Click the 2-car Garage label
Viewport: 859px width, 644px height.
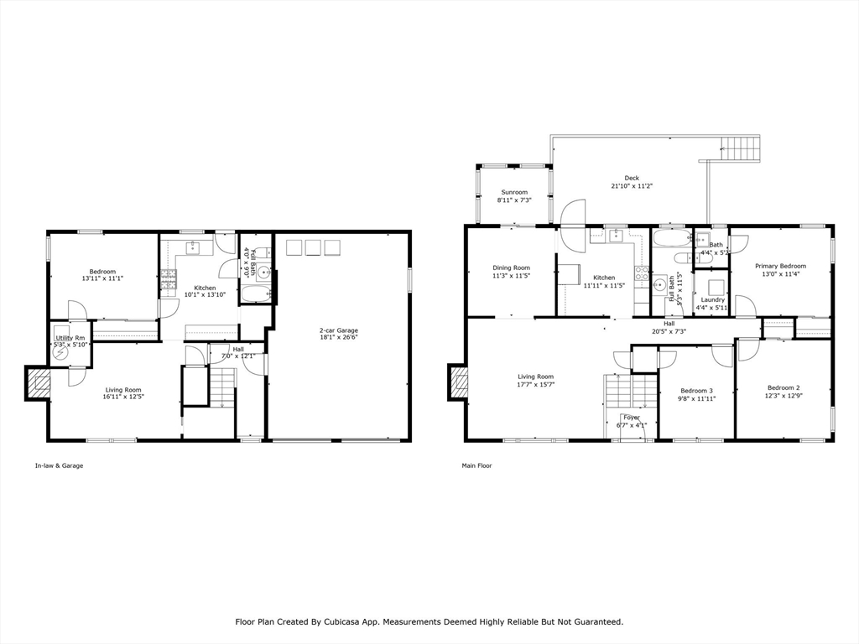pyautogui.click(x=338, y=330)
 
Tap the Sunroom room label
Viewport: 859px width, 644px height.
pyautogui.click(x=514, y=192)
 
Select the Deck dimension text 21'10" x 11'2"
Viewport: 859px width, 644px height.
pyautogui.click(x=632, y=186)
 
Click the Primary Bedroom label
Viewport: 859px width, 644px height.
pyautogui.click(x=780, y=266)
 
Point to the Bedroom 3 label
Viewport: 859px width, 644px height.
pyautogui.click(x=696, y=391)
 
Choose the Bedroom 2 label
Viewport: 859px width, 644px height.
pyautogui.click(x=783, y=387)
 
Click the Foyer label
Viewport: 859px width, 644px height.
pyautogui.click(x=631, y=417)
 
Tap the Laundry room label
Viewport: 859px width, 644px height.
pyautogui.click(x=713, y=299)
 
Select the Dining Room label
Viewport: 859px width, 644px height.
pyautogui.click(x=511, y=267)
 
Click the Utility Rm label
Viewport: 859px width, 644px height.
pyautogui.click(x=70, y=338)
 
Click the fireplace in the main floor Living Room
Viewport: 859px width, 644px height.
pyautogui.click(x=458, y=382)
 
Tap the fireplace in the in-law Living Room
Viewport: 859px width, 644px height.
pyautogui.click(x=39, y=384)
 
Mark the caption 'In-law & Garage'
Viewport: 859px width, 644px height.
pyautogui.click(x=59, y=465)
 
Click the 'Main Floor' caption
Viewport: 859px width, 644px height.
pyautogui.click(x=476, y=465)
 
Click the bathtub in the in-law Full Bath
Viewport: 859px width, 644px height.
pyautogui.click(x=256, y=293)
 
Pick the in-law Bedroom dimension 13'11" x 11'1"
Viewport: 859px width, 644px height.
pyautogui.click(x=103, y=279)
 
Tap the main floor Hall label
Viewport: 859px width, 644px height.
pyautogui.click(x=669, y=323)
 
